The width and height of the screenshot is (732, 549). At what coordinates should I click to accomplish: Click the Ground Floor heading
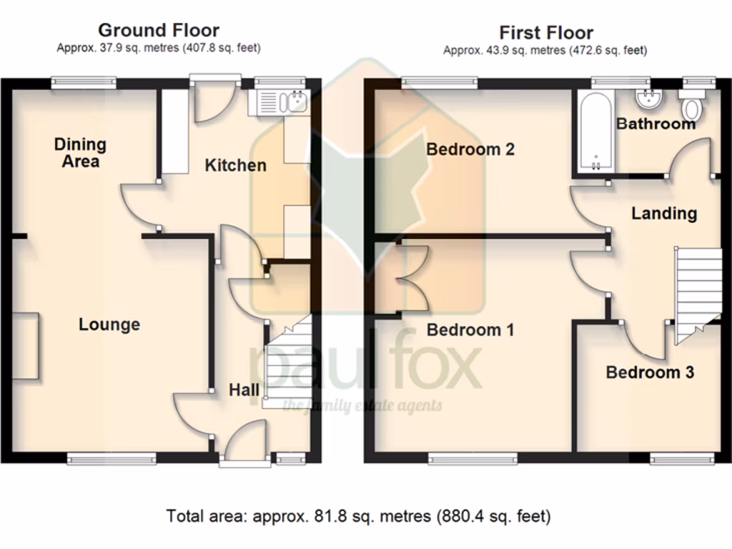pyautogui.click(x=158, y=31)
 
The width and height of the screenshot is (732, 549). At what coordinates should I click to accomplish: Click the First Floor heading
pyautogui.click(x=545, y=33)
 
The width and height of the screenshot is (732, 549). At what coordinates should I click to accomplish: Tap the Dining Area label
pyautogui.click(x=80, y=153)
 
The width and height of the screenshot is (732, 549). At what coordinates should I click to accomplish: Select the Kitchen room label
pyautogui.click(x=235, y=166)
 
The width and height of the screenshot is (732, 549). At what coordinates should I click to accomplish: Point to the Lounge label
pyautogui.click(x=109, y=325)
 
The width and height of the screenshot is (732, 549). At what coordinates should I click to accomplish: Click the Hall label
pyautogui.click(x=244, y=390)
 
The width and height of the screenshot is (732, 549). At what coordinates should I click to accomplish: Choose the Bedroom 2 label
pyautogui.click(x=470, y=149)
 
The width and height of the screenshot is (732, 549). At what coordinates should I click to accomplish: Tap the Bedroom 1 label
pyautogui.click(x=470, y=330)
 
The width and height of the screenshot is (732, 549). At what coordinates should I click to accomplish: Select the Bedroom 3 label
pyautogui.click(x=649, y=372)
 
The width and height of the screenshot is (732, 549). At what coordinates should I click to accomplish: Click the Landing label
pyautogui.click(x=663, y=213)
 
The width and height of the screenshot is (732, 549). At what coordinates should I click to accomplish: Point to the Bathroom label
pyautogui.click(x=656, y=124)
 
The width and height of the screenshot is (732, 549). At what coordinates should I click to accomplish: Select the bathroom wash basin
pyautogui.click(x=650, y=98)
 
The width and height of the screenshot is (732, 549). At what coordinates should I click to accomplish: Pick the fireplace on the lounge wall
pyautogui.click(x=26, y=345)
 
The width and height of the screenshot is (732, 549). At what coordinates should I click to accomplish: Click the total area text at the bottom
pyautogui.click(x=358, y=515)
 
